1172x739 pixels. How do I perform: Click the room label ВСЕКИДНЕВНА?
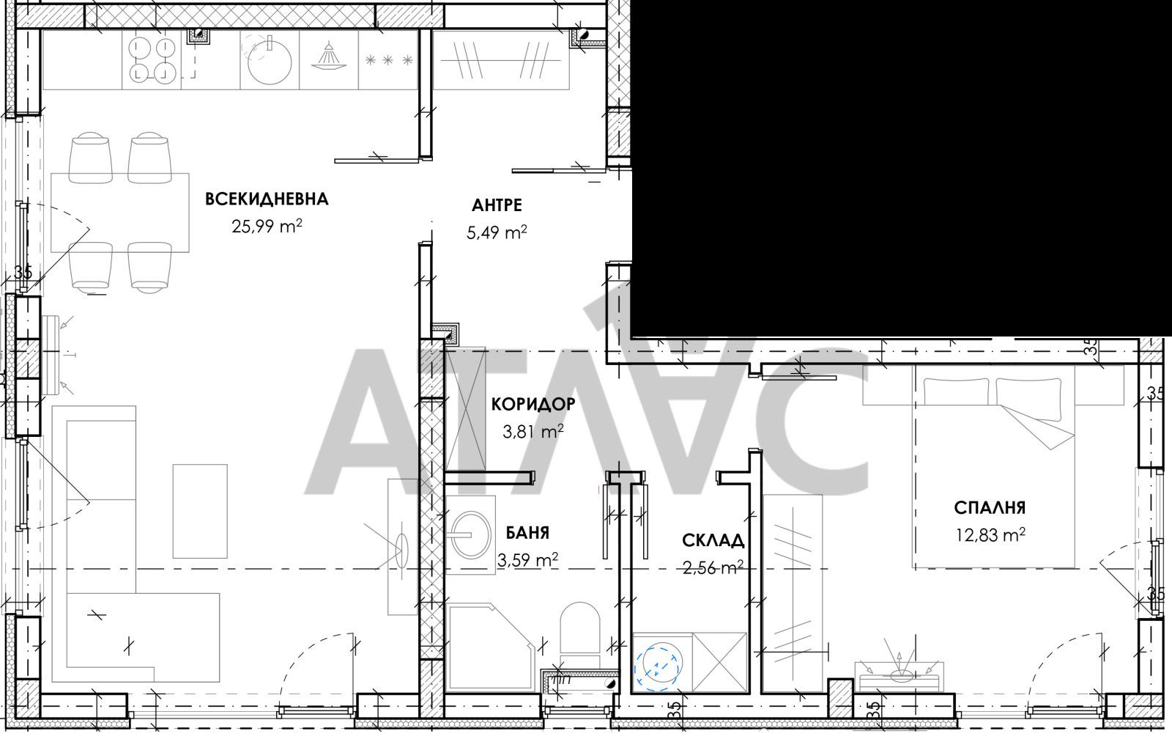coord(267,199)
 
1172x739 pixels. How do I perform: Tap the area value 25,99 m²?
coord(267,227)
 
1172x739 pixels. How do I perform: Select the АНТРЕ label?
coord(497,205)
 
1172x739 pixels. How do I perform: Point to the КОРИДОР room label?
coord(533,404)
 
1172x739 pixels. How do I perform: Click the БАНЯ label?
coord(527,533)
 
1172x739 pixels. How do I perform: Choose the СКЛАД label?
coord(713,541)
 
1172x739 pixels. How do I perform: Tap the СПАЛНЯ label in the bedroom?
coord(990,507)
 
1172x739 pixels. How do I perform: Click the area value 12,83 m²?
coord(990,535)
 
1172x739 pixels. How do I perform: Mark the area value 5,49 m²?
coord(497,233)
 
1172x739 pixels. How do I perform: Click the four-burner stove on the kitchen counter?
coord(153,60)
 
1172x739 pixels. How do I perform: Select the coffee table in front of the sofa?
coord(200,510)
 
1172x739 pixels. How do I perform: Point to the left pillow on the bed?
coord(955,391)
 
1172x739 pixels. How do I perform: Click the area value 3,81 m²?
coord(533,432)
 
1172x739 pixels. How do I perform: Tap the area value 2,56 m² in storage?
coord(713,568)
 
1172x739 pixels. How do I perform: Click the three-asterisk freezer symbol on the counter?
coord(388,61)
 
